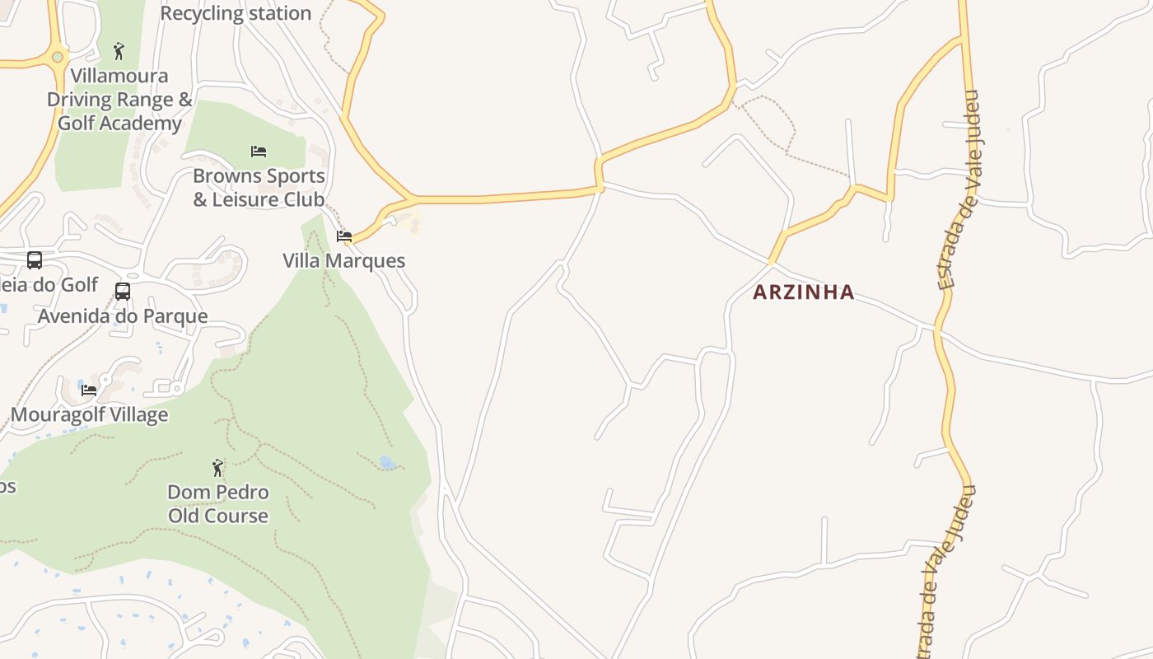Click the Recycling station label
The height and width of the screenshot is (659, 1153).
click(236, 13)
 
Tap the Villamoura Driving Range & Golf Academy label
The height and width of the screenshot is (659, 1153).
click(119, 100)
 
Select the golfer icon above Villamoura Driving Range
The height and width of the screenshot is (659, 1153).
click(119, 51)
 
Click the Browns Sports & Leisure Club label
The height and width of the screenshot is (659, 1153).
click(259, 188)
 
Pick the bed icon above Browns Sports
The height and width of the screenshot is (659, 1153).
click(259, 151)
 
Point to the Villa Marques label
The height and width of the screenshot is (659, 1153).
click(344, 260)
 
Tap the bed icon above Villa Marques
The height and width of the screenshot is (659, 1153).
click(344, 236)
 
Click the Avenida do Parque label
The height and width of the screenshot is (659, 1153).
click(123, 316)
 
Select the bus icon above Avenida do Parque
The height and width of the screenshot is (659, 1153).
click(123, 291)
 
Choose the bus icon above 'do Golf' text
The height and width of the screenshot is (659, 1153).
click(35, 260)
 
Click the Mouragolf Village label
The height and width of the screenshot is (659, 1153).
click(89, 414)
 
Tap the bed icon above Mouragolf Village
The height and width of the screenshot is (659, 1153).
click(89, 390)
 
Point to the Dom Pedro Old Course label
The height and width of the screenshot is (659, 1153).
click(218, 504)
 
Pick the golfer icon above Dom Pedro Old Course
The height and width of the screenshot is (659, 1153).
click(217, 468)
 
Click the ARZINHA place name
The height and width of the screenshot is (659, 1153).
click(804, 292)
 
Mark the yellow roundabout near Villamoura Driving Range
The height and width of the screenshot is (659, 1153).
click(57, 57)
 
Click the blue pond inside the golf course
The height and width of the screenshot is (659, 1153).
click(387, 463)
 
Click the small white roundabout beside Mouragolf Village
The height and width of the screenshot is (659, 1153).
click(175, 388)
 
